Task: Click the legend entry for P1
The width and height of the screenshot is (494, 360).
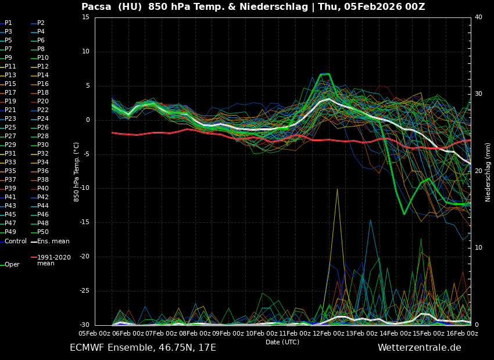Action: (8, 23)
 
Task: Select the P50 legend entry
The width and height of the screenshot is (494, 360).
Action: (43, 232)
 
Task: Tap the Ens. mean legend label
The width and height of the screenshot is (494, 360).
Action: (53, 242)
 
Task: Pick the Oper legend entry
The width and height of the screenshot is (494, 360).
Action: (12, 265)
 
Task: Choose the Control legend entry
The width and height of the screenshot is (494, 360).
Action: (16, 242)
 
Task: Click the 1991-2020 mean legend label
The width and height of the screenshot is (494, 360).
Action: (53, 260)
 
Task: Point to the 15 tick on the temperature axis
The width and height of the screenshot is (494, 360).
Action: (86, 17)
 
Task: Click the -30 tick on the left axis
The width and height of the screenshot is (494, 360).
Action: (84, 325)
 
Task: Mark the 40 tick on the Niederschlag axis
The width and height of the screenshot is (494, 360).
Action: (478, 17)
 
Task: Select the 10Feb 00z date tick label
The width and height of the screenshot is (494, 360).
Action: (245, 333)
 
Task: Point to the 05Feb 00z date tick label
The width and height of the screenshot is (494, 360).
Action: (95, 333)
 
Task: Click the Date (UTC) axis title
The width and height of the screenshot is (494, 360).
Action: (282, 342)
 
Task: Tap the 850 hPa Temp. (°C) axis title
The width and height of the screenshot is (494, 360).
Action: (77, 171)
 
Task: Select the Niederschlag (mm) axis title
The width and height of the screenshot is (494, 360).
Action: (488, 171)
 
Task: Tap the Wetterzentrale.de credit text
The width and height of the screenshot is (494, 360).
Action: (419, 348)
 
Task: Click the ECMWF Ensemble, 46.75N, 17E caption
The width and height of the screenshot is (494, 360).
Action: (143, 348)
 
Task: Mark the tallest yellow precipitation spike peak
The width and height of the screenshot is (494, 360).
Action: (337, 189)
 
